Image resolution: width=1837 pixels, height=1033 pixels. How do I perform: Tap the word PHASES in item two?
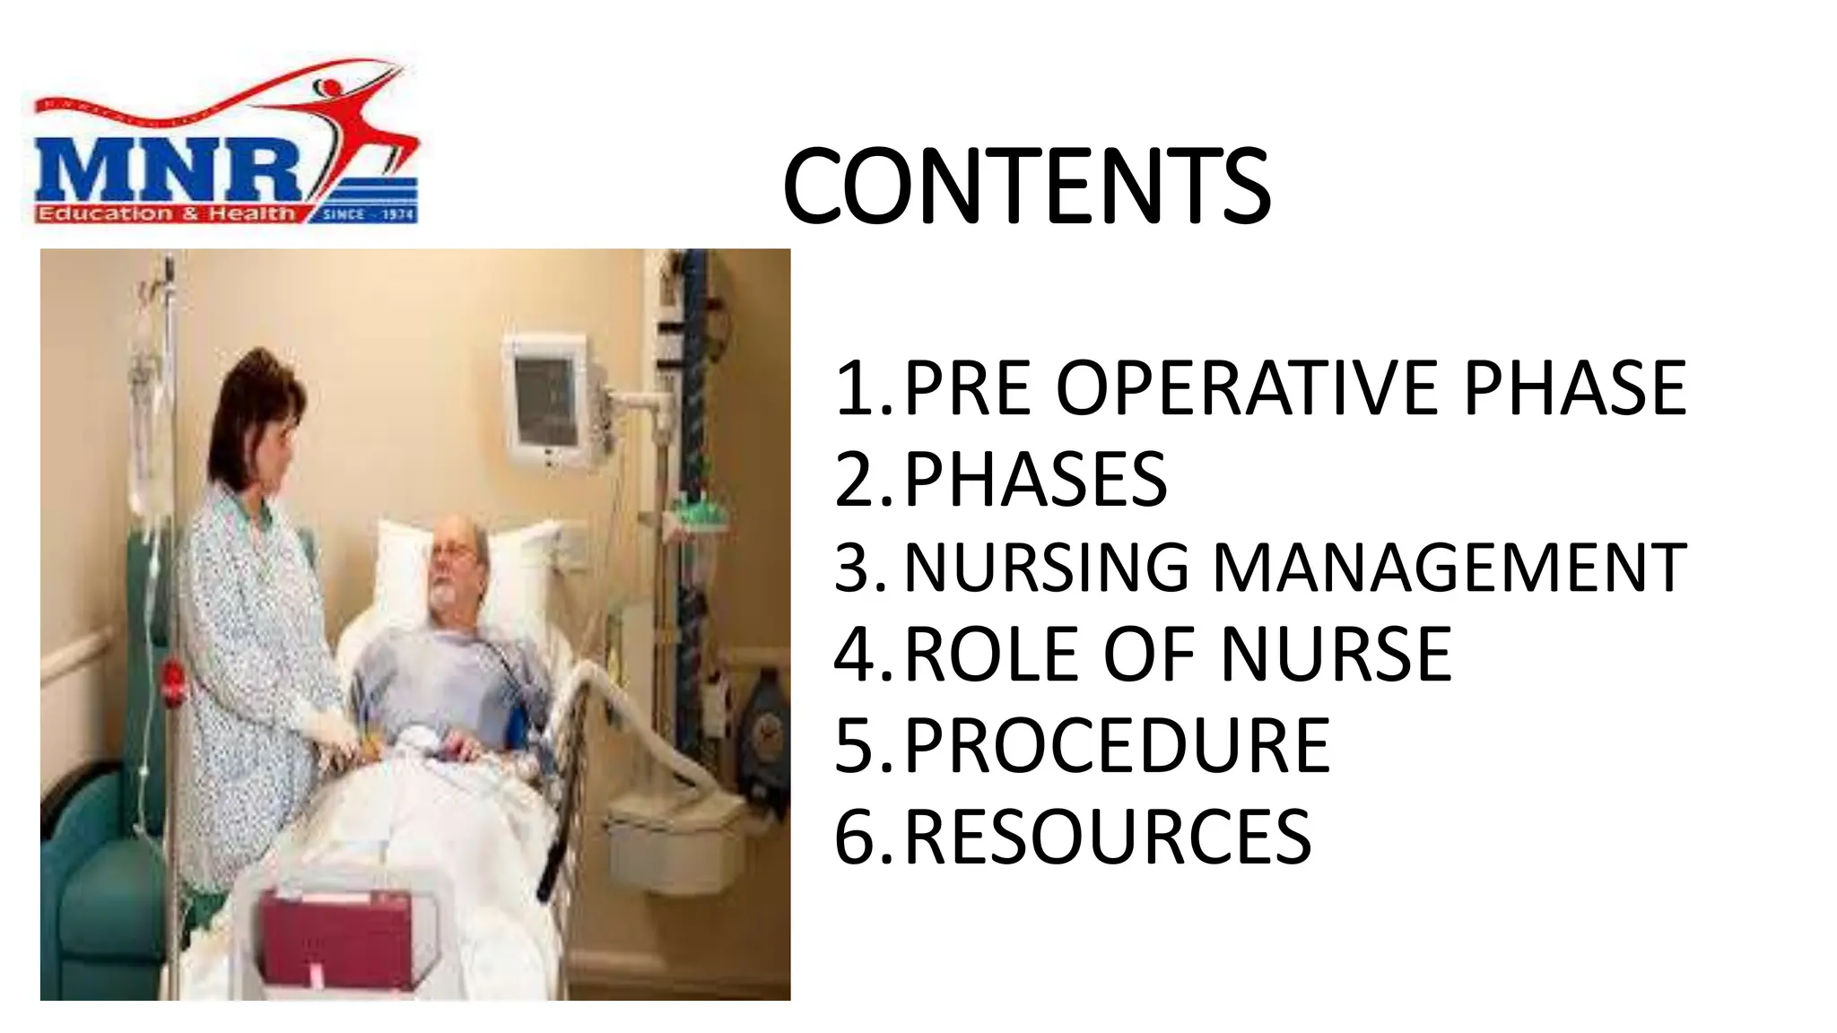[1035, 479]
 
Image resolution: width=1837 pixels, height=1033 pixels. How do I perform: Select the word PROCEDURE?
[1117, 745]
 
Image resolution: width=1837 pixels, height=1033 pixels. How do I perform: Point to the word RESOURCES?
[1108, 837]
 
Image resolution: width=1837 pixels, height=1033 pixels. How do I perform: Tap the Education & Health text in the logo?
[166, 213]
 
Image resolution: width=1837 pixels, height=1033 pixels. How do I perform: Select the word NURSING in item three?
[1046, 568]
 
